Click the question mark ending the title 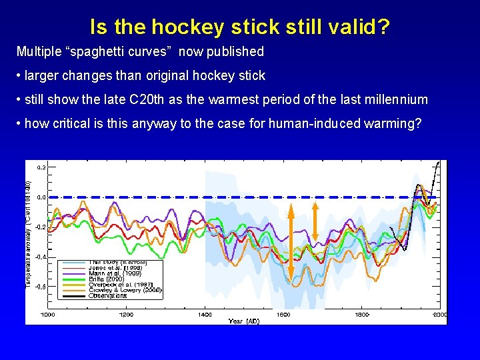tap(384, 27)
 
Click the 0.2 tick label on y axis tap(41, 168)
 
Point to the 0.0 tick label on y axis tap(41, 198)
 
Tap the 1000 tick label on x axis tap(48, 314)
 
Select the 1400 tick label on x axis tap(205, 314)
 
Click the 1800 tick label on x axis tap(361, 314)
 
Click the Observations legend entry tap(107, 295)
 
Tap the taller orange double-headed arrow tap(291, 240)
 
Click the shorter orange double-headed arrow tap(315, 223)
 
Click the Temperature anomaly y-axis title tap(29, 227)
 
